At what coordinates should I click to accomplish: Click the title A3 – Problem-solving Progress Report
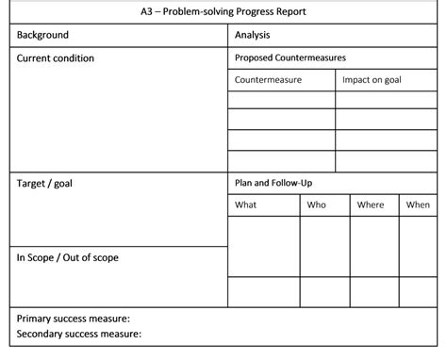point(223,12)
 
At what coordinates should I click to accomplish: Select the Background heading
point(43,35)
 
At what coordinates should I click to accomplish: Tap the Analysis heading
point(253,35)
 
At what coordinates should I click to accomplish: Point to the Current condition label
point(56,58)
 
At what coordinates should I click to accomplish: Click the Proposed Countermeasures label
point(290,58)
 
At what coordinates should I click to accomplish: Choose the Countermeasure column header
point(268,80)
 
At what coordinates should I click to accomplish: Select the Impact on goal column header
point(372,80)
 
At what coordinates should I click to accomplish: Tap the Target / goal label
point(44,183)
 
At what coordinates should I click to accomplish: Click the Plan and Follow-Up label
point(273,183)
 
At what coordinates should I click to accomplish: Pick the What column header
point(245,205)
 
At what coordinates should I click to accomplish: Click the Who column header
point(317,205)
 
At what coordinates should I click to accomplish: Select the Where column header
point(371,205)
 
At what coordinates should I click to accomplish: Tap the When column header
point(418,205)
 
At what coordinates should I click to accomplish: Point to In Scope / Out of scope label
point(68,257)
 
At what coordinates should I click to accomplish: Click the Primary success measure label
point(74,319)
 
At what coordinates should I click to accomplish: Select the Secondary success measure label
point(79,334)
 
